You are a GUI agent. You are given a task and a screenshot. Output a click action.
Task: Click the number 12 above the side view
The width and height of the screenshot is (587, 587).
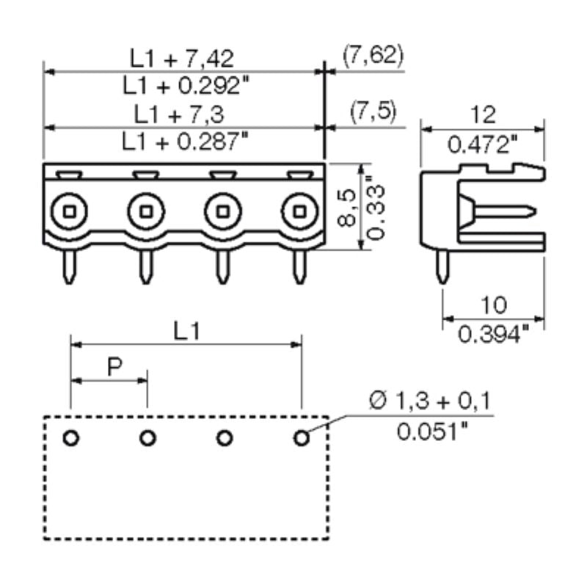click(x=482, y=114)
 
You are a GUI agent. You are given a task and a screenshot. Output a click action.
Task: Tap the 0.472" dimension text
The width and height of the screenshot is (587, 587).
click(x=482, y=144)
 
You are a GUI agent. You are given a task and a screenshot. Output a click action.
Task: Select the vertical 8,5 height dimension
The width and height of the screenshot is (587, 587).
click(x=350, y=207)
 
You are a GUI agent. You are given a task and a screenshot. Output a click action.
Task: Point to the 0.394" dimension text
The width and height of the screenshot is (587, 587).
click(x=493, y=334)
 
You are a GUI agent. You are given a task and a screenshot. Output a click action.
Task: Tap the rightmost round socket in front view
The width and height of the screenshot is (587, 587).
click(x=299, y=212)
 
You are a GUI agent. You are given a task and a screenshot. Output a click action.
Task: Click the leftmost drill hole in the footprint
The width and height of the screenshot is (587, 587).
click(x=70, y=438)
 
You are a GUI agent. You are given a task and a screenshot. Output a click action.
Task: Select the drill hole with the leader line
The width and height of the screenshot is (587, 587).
click(x=301, y=438)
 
